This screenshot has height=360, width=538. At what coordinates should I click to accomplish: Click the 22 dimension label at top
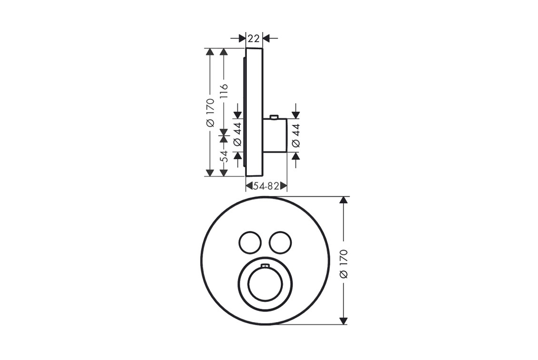click(254, 38)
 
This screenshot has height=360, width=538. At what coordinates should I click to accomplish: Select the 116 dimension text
click(224, 92)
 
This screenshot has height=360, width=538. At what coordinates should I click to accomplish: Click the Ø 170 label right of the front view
click(344, 264)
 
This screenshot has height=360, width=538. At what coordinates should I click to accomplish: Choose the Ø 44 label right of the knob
click(296, 135)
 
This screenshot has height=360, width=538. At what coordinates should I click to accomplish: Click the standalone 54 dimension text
click(224, 156)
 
